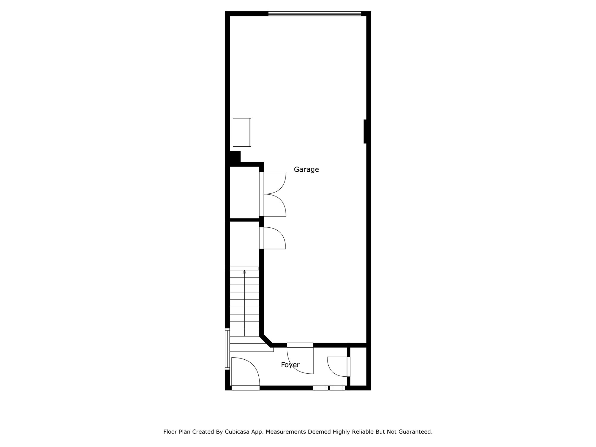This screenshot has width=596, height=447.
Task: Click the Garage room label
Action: point(306,170)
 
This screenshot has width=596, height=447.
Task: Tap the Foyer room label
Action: point(290,365)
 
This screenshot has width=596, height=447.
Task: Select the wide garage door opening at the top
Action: point(315,13)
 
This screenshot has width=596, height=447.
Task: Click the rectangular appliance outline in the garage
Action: point(242,132)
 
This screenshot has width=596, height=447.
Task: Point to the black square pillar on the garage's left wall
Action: point(235,157)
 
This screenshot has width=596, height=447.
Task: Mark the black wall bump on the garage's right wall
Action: point(365,131)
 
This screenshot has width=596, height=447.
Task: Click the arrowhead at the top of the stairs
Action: point(244,272)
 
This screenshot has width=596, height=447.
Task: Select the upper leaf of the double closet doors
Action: point(274,182)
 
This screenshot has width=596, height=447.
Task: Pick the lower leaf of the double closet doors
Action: point(274,206)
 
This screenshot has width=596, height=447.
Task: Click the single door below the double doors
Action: point(273,238)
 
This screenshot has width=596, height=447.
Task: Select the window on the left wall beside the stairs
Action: point(227,349)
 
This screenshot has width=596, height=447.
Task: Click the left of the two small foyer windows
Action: point(321,388)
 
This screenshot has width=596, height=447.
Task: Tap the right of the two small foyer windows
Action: point(338,388)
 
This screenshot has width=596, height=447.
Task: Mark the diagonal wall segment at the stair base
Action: point(266,341)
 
